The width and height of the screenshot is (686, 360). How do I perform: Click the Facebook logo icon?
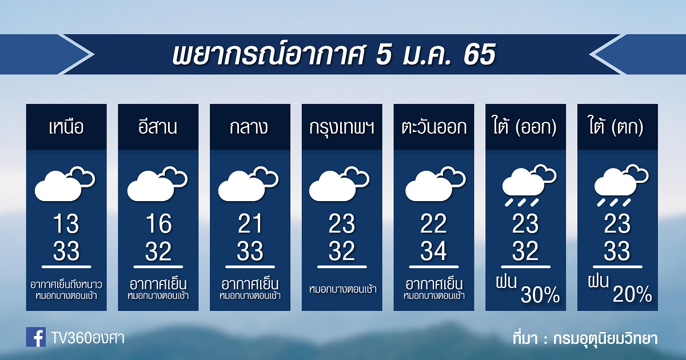pos(36,337)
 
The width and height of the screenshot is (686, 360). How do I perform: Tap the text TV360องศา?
pos(88,338)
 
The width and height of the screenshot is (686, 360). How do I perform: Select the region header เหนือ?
pos(66,127)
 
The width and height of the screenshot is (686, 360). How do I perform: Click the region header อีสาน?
pos(158,126)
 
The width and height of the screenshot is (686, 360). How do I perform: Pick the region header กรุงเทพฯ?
pos(342,127)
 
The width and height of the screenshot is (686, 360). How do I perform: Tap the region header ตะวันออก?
pos(434,127)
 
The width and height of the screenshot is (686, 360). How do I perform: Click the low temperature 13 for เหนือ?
pos(66,224)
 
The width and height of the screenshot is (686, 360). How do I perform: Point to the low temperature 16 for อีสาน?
pos(158,224)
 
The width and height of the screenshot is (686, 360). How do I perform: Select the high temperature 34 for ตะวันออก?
pos(434,251)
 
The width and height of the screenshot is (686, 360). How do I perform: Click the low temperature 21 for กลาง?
pos(250,224)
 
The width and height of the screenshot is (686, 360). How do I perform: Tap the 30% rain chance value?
pos(540,294)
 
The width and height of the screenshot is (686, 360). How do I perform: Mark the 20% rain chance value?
pos(632,294)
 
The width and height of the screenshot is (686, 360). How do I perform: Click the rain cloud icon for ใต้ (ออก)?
pos(529,186)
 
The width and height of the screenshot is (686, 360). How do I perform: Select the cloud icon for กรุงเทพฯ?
pos(340,183)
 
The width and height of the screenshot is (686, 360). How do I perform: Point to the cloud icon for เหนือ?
pos(65,183)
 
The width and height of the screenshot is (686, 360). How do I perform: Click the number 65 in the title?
pos(479,54)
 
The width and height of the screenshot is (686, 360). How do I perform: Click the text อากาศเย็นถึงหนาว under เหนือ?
pos(66,285)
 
